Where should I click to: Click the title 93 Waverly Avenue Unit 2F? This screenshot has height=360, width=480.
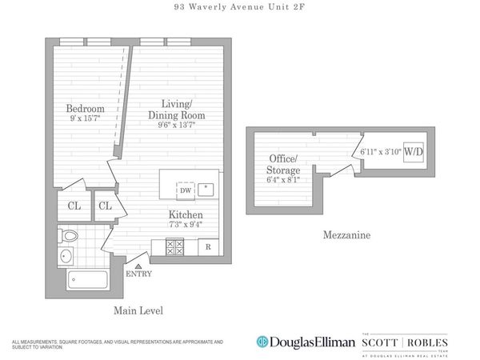pos(240,9)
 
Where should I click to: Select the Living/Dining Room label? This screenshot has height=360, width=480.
pos(181,110)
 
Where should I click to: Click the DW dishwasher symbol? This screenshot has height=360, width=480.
pos(186,190)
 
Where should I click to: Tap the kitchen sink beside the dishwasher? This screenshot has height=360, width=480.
pos(206,190)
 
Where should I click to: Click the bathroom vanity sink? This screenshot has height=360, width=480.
pos(65,257)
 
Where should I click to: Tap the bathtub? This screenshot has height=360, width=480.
pos(90,280)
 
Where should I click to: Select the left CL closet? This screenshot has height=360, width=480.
pos(74,206)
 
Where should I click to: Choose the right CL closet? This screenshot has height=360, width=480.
pos(105,206)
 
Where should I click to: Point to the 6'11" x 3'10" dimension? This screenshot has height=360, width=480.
pos(380,151)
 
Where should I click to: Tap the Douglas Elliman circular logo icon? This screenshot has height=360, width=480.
pos(262,342)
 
